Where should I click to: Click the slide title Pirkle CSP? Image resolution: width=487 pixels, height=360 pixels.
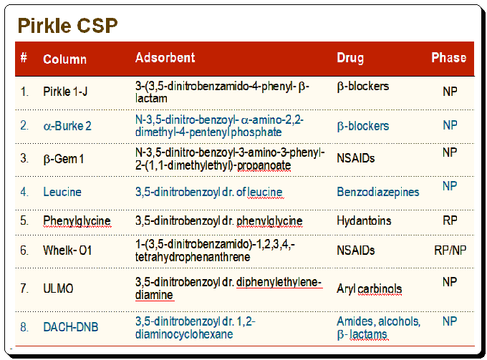coord(68,26)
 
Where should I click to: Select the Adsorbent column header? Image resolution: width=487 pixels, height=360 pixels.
coord(165,58)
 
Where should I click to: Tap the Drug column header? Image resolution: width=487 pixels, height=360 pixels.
coord(350,58)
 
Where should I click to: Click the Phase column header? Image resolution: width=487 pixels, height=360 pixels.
coord(449,58)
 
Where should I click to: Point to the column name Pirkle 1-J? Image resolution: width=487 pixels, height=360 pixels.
coord(65,92)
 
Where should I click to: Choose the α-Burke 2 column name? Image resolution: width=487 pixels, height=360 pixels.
coord(67,126)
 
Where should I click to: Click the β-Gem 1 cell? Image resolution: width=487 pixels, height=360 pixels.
coord(64,159)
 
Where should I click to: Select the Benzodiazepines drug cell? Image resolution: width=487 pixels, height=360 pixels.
coord(378,192)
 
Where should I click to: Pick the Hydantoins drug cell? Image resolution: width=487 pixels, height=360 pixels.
coord(364,220)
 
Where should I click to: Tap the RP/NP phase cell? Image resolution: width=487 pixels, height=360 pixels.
coord(450,250)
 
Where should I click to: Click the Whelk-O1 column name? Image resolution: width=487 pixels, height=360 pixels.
coord(67,250)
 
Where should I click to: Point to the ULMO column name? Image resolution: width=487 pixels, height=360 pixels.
coord(58,288)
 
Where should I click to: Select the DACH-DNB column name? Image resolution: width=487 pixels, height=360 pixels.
coord(70,327)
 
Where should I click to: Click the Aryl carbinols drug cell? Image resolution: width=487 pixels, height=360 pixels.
coord(370,289)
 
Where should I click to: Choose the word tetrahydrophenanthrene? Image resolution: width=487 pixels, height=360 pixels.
coord(193,257)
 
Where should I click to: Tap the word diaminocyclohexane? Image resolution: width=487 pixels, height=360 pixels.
coord(184,334)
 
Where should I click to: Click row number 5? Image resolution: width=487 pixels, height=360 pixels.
coord(24,220)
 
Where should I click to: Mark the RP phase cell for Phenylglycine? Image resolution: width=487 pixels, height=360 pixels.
coord(450,220)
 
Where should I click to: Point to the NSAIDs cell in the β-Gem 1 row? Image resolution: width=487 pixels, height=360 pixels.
coord(356,158)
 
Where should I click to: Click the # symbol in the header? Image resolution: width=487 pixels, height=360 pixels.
coord(24,57)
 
